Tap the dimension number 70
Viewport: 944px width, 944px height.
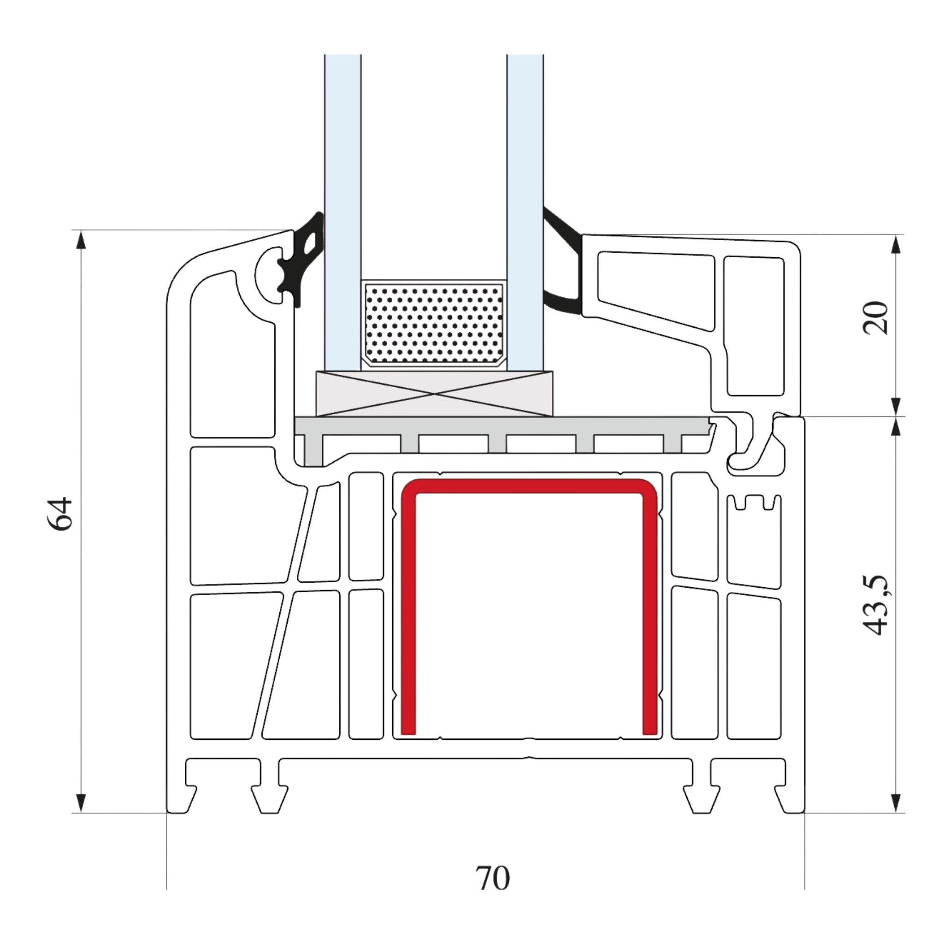tap(493, 878)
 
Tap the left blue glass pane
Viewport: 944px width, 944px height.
tap(343, 212)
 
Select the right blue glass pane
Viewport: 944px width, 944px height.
tap(525, 212)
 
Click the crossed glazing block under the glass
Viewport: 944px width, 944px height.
tap(435, 394)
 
